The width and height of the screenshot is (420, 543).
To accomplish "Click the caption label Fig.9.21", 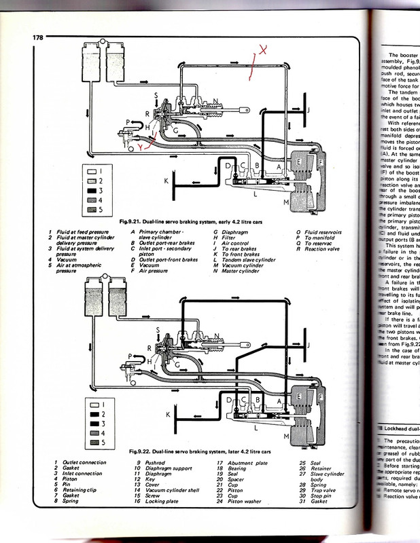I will click(x=130, y=221).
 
